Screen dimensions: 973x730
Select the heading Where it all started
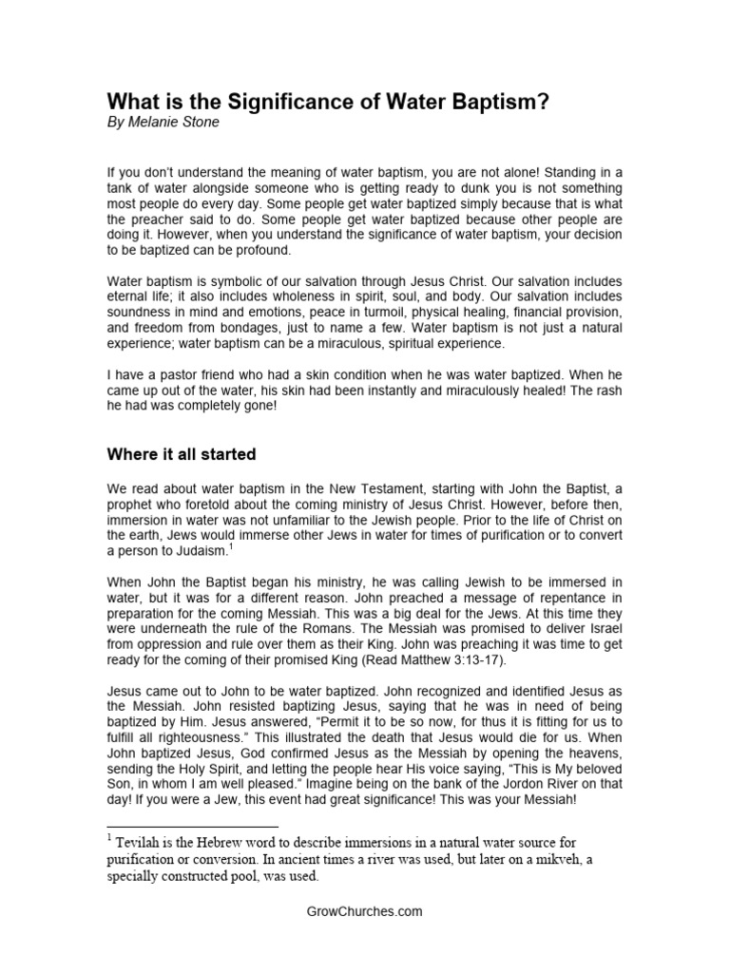click(x=181, y=454)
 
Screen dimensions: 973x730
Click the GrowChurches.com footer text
click(x=365, y=910)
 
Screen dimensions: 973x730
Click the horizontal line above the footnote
click(x=191, y=827)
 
